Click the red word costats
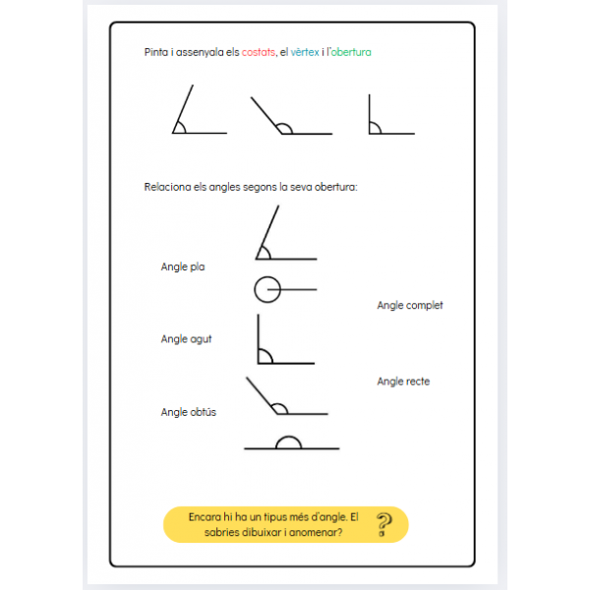(x=259, y=52)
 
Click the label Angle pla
(x=183, y=266)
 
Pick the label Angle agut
(x=186, y=339)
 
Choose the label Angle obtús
(x=189, y=412)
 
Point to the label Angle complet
(x=410, y=305)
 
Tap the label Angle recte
(x=403, y=382)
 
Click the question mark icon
(x=384, y=526)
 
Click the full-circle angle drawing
(x=267, y=290)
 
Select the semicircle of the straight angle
(x=288, y=442)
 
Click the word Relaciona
(x=166, y=186)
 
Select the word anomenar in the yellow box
(x=318, y=533)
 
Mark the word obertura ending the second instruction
(x=334, y=186)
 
